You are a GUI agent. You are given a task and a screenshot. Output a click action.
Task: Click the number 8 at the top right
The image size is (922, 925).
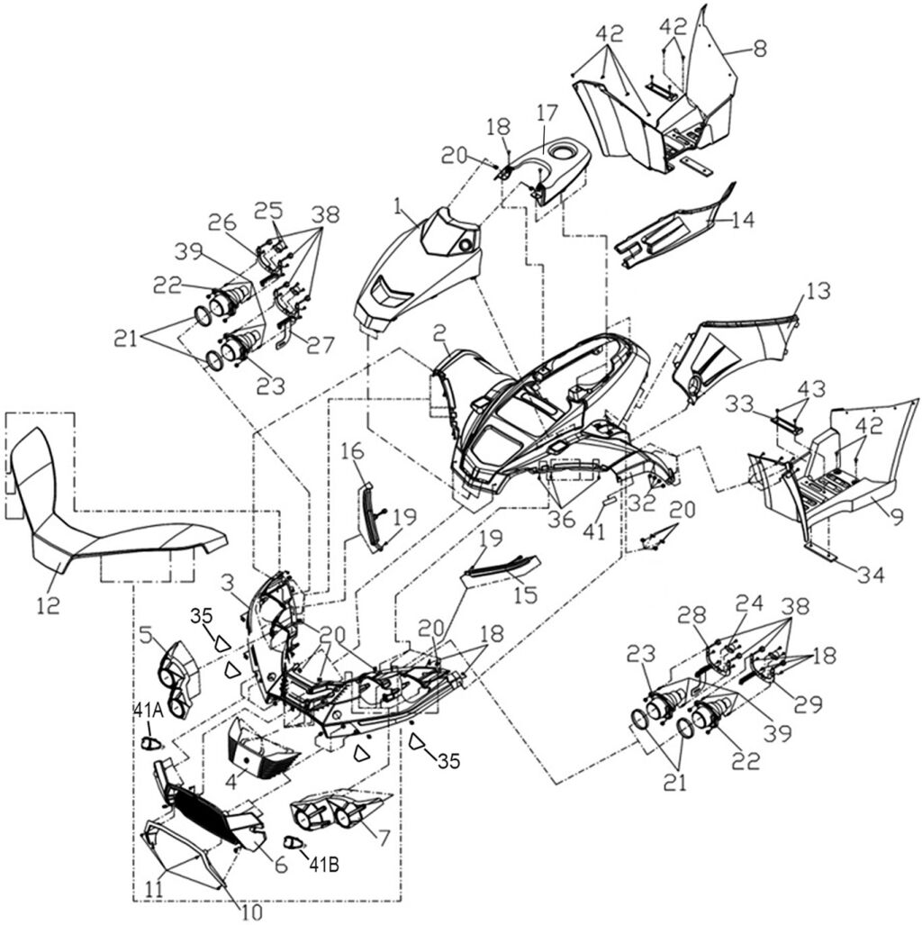pos(760,50)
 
